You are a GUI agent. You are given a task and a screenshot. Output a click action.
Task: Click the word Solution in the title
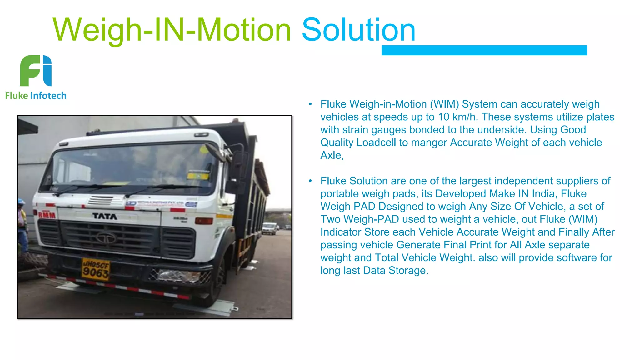[x=358, y=30]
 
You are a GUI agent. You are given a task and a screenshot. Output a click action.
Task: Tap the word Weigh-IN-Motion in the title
[x=172, y=31]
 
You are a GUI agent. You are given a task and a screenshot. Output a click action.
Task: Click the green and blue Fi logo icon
[x=36, y=71]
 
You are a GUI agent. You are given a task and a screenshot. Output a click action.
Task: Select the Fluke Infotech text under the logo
[x=36, y=96]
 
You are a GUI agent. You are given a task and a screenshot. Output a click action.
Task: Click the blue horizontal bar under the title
[x=484, y=50]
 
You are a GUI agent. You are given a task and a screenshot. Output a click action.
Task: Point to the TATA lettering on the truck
[x=105, y=216]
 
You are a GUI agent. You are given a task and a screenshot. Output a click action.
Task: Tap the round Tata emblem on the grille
[x=106, y=238]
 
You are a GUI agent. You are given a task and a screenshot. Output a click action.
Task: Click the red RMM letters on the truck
[x=47, y=215]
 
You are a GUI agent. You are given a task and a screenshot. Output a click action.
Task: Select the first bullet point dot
[x=310, y=104]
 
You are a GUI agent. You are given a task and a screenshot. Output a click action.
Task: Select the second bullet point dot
[x=310, y=181]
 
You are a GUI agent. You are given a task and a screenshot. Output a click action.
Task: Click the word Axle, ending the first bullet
[x=332, y=155]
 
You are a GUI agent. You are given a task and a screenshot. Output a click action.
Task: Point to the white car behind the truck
[x=269, y=228]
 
